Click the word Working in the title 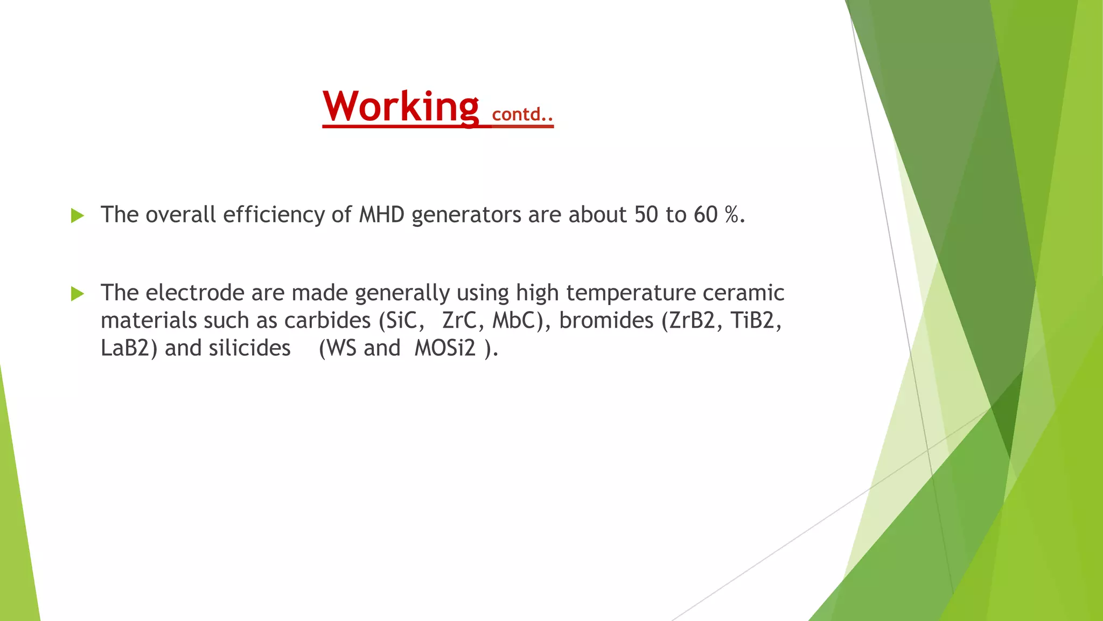(400, 107)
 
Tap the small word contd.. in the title (522, 114)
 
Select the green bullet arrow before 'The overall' (78, 216)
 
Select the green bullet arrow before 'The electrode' (78, 294)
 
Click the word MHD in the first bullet (381, 215)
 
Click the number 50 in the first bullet (646, 215)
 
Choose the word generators (466, 216)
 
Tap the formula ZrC (458, 321)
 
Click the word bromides (606, 321)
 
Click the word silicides (249, 348)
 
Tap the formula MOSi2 (445, 348)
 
